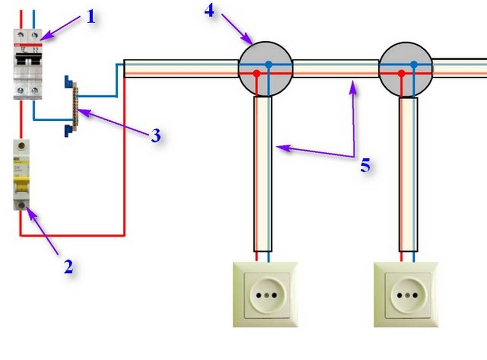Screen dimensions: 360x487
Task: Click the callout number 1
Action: [91, 18]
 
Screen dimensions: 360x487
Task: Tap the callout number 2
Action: [68, 267]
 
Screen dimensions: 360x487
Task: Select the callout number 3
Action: [156, 136]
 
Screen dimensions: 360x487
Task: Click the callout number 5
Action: [365, 165]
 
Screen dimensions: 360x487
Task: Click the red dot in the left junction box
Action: [257, 74]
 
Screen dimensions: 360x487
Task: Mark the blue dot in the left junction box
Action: [269, 64]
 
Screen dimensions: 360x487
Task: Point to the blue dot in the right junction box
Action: [414, 64]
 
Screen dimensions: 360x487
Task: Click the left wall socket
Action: [265, 294]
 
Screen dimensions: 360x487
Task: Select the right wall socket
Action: [406, 294]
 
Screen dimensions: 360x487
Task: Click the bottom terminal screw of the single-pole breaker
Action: [21, 205]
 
